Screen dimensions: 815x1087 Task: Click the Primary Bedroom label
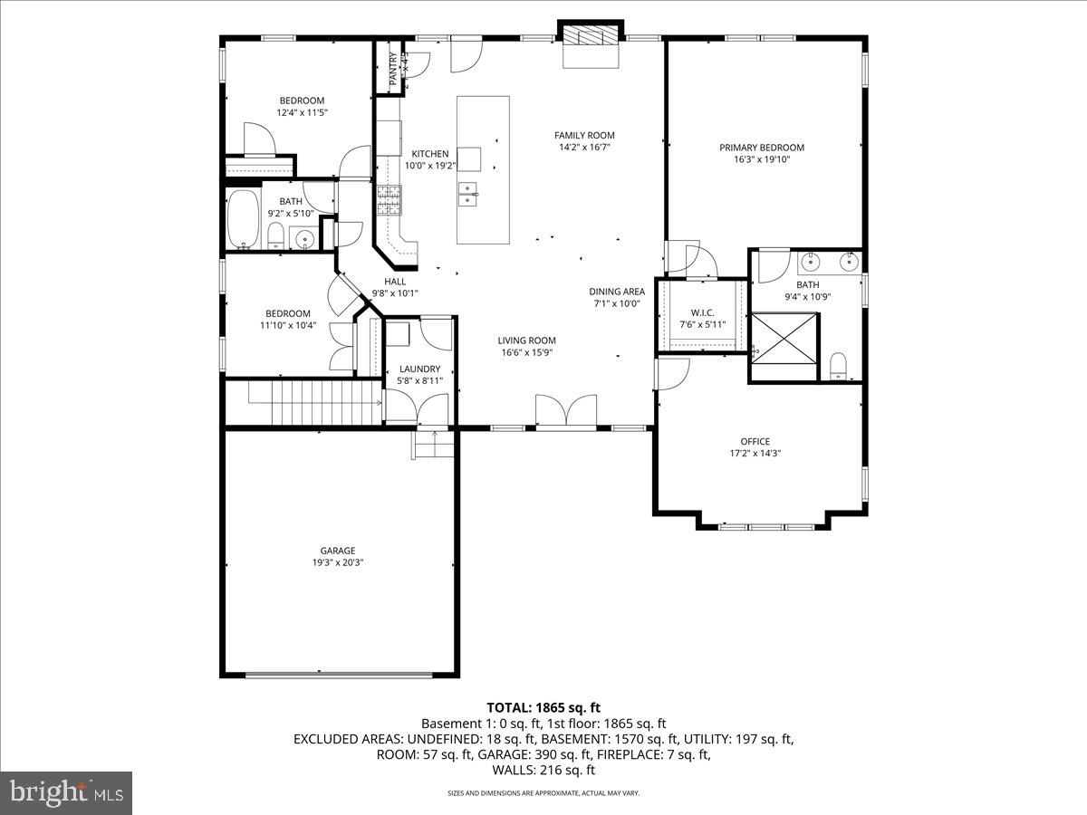(762, 148)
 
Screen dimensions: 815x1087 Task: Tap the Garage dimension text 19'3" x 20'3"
(337, 562)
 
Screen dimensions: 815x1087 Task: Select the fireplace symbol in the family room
(592, 35)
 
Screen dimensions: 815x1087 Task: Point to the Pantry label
(393, 69)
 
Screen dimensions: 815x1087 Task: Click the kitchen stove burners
(389, 199)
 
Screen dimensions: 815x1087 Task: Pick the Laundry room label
(420, 369)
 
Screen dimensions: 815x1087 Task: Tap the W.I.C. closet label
(701, 313)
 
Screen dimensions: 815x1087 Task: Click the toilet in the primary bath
(838, 366)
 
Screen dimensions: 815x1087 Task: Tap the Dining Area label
(617, 292)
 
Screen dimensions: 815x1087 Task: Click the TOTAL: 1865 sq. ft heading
(543, 707)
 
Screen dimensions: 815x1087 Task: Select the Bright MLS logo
(66, 792)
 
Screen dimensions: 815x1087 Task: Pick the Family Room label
(584, 136)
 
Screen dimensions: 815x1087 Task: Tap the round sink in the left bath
(305, 240)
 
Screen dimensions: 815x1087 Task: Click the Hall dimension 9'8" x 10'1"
(395, 292)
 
